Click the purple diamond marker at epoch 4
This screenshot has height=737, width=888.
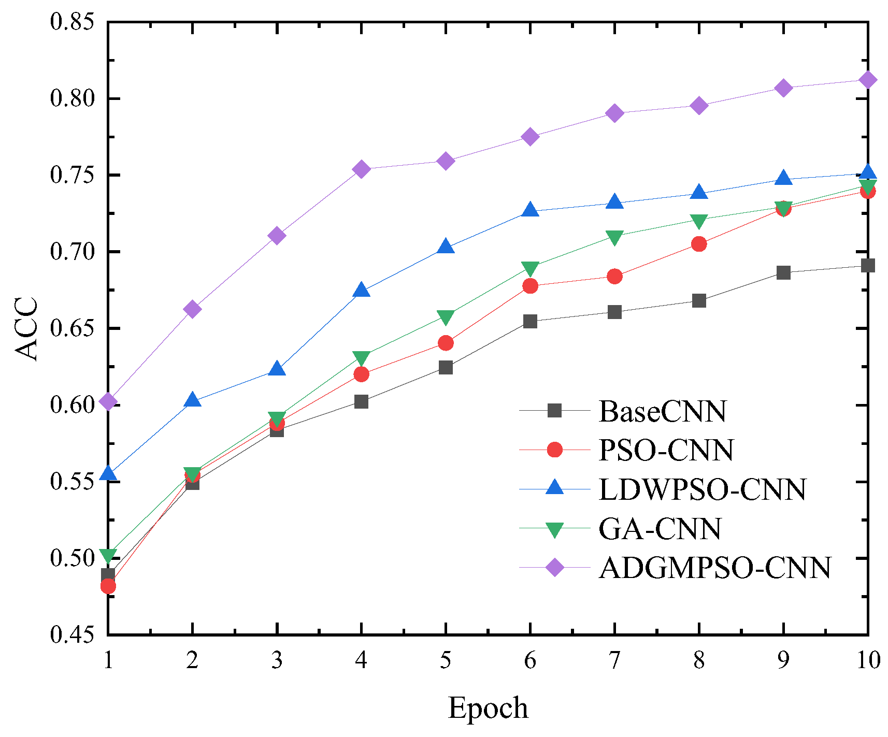point(361,169)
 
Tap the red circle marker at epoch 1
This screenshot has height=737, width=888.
point(108,586)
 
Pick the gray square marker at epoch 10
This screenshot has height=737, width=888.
point(868,266)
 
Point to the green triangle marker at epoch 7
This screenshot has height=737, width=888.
point(614,237)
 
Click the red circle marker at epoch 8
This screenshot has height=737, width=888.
point(699,244)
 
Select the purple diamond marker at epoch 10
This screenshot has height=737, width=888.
point(868,80)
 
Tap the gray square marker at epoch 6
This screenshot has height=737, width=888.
point(530,322)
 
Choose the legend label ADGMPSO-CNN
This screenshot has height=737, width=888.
point(715,568)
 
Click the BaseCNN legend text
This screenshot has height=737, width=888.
point(662,411)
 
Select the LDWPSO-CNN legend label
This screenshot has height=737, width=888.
point(702,489)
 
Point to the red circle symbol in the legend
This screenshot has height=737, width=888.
point(554,450)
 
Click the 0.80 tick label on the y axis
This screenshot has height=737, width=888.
point(72,98)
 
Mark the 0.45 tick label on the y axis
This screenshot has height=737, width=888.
point(72,635)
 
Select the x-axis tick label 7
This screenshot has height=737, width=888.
point(614,661)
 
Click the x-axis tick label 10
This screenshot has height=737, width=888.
point(868,661)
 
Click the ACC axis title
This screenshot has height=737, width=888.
point(26,328)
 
